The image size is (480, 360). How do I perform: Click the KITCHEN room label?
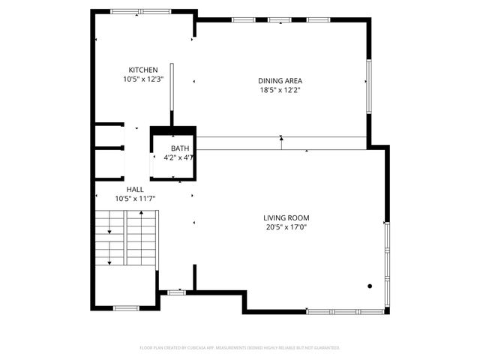142,70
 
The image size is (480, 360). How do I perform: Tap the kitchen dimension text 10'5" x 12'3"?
143,79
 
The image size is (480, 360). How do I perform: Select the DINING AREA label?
274,80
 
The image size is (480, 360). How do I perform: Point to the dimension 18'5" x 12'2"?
274,90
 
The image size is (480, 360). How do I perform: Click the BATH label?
180,148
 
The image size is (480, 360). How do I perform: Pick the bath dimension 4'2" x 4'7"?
179,158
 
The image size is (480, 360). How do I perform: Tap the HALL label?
135,190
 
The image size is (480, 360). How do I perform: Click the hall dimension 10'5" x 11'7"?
135,199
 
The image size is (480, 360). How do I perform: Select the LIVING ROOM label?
286,218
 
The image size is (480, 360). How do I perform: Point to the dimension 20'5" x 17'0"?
286,227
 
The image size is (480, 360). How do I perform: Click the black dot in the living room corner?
370,286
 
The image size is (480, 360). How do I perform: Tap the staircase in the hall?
126,238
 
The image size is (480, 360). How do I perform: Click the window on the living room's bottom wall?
346,311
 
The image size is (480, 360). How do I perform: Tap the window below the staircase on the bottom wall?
125,307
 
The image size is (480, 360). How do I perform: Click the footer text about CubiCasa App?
240,348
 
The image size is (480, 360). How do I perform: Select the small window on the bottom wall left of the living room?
176,292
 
